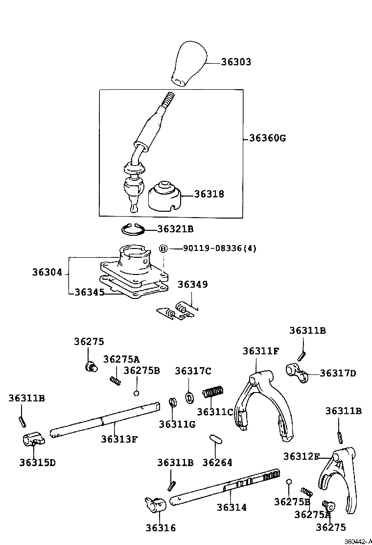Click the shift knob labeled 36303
coord(189,64)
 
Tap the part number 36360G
coord(268,138)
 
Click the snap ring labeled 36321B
coord(134,229)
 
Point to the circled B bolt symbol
coord(163,248)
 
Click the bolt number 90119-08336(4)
coord(220,248)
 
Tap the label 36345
coord(90,292)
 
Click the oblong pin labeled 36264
coord(216,439)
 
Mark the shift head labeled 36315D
coord(33,440)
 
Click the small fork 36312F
coord(337,481)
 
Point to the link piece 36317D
coord(297,372)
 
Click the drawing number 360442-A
coord(358,542)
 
